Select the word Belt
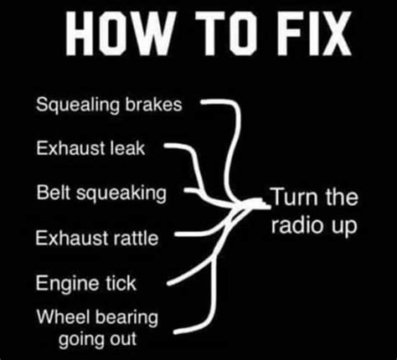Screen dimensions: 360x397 (x=52, y=193)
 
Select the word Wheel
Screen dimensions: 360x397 (x=59, y=316)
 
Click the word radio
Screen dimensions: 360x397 (x=293, y=227)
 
